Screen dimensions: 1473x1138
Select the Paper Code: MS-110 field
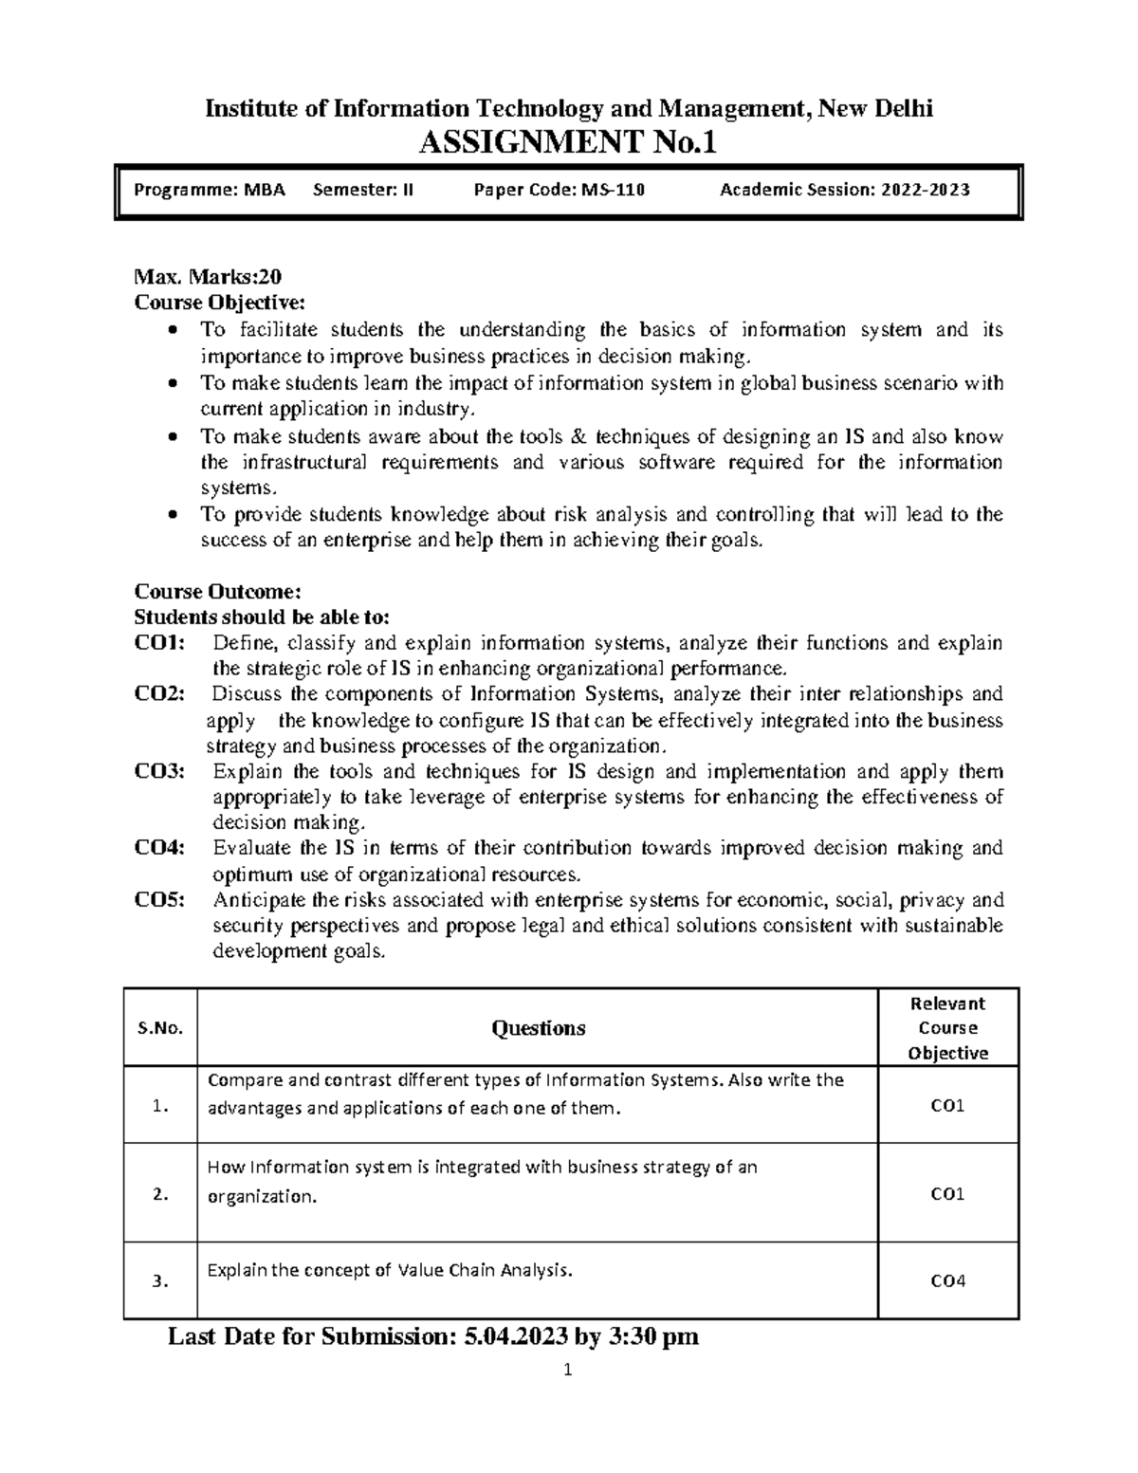[x=559, y=190]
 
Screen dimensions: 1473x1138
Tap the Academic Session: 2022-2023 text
[x=844, y=190]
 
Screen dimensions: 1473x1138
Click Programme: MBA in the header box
[x=209, y=190]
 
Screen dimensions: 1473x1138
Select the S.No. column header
[x=160, y=1029]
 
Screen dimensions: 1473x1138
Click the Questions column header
[x=538, y=1029]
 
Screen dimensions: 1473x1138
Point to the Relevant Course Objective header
[x=947, y=1028]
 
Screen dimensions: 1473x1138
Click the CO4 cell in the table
[x=947, y=1281]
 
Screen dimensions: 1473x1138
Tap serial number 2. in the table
[x=160, y=1195]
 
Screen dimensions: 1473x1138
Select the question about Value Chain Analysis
[x=390, y=1271]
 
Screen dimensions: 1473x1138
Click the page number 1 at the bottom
[x=568, y=1370]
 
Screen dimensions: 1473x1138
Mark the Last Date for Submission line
[x=433, y=1337]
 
